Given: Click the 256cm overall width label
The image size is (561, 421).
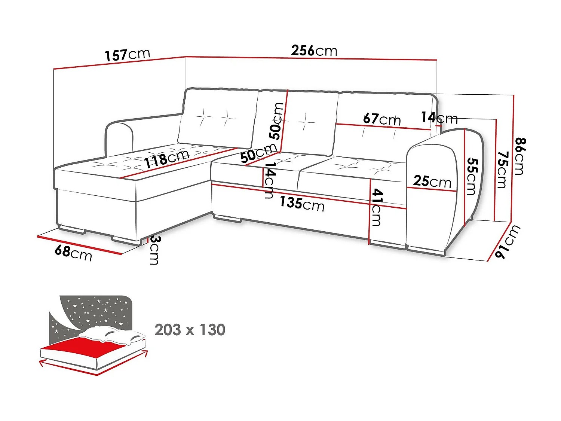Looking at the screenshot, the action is click(x=314, y=51).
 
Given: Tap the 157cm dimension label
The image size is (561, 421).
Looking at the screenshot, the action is click(x=127, y=55).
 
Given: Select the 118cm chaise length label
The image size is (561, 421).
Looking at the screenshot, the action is click(x=167, y=159).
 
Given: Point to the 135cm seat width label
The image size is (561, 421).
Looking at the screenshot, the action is click(x=302, y=204).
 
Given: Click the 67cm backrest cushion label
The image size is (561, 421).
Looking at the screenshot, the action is click(x=382, y=119).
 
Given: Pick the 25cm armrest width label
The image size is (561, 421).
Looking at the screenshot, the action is click(x=432, y=181).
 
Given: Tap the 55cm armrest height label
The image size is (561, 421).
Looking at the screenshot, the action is click(x=472, y=176).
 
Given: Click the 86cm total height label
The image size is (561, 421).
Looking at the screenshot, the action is click(x=520, y=156).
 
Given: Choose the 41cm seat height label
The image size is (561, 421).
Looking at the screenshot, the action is click(x=377, y=207).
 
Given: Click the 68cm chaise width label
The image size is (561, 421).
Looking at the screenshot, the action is click(x=73, y=252).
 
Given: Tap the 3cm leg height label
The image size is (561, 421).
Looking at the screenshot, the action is click(x=154, y=250).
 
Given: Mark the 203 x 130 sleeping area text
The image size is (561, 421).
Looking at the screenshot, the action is click(x=190, y=330).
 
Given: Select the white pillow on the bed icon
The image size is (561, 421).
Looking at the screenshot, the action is click(x=112, y=335).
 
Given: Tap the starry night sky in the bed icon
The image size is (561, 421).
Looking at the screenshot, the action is click(x=93, y=311).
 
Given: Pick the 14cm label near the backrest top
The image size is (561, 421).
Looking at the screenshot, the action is click(x=439, y=118).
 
